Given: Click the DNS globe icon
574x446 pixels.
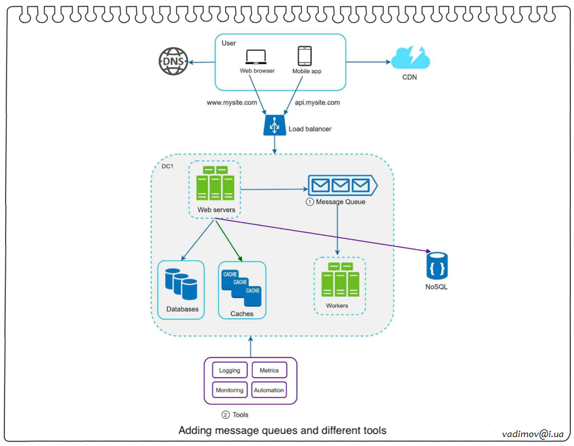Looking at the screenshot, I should pos(171,62).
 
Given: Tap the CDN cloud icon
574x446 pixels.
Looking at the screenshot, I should pos(410,59).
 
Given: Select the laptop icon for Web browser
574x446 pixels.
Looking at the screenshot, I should pos(256,57).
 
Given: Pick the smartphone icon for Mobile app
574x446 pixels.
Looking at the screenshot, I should pos(305,55).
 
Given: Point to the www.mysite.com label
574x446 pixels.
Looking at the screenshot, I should pos(232,102).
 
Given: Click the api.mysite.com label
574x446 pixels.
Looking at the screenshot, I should pos(317,102).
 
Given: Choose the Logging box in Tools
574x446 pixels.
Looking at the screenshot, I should pos(230,370).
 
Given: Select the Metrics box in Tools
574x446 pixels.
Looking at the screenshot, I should pos(269,370).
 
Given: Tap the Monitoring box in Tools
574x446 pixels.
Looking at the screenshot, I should pos(230,390).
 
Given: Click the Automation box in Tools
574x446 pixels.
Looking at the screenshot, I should pos(269,390).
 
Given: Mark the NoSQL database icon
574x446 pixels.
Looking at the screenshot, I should pos(437,266).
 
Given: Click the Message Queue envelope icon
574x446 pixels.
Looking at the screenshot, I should pos(342,185).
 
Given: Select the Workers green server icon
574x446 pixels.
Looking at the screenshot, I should pos(341,280).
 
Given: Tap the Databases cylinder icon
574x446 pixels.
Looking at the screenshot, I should pos(181,284).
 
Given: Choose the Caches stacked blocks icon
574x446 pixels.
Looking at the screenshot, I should pos(241,286).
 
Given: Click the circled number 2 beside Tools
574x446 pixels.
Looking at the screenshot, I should pos(225,415).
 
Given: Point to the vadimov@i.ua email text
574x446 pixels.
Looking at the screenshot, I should pos(533,433).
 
